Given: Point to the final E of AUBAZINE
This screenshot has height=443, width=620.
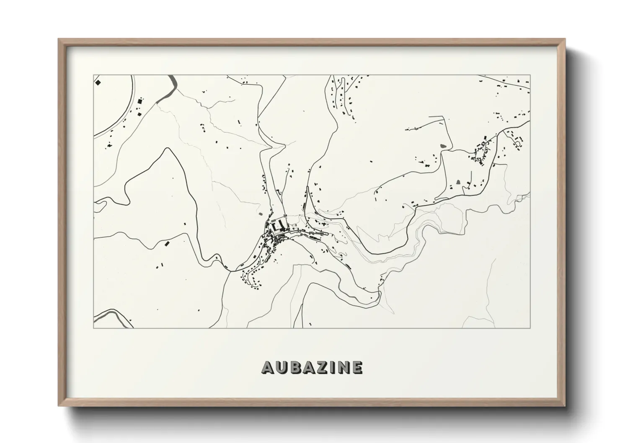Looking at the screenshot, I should pos(357,367).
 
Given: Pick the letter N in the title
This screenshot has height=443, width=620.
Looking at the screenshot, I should pos(344,367).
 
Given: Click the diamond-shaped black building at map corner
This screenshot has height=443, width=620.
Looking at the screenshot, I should pos(98,82).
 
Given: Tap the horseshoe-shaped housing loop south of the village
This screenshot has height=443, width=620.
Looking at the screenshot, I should pos(251,276).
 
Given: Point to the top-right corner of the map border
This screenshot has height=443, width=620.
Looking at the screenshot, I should pos(530,75).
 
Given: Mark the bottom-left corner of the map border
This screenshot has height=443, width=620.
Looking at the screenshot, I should pos(93,328).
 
